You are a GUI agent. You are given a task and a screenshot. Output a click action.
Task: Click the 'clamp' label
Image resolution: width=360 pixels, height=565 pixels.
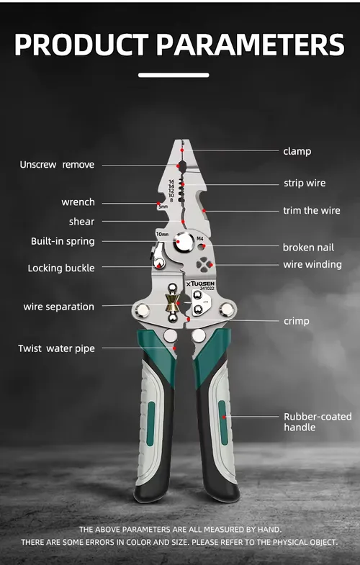click(297, 151)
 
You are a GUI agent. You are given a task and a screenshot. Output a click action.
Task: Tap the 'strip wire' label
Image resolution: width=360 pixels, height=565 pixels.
click(305, 183)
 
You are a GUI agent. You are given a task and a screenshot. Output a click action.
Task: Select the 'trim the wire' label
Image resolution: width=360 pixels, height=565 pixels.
click(312, 210)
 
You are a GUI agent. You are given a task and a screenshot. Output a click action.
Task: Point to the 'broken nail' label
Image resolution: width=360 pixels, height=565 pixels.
click(308, 248)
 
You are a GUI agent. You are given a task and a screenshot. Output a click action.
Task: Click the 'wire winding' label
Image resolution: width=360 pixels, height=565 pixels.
click(312, 264)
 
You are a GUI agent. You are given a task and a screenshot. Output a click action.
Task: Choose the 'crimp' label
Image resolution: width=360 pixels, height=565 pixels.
click(297, 321)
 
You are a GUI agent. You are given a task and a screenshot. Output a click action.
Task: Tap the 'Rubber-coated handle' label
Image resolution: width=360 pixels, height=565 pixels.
click(318, 422)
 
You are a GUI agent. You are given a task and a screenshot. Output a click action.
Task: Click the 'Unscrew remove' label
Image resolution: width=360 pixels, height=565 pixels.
click(57, 165)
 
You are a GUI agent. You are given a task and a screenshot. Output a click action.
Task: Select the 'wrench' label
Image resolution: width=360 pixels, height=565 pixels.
click(78, 202)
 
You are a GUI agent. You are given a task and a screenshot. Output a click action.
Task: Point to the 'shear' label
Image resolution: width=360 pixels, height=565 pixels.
click(82, 222)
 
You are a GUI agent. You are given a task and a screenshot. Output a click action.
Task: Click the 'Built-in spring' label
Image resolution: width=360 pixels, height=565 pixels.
click(63, 241)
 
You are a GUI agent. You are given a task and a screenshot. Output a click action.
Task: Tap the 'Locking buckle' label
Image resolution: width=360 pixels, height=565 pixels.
click(61, 268)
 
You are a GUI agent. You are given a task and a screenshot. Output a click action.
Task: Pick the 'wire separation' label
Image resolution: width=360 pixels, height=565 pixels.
click(59, 307)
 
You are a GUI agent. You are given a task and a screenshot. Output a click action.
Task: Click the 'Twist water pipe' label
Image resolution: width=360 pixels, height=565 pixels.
click(57, 349)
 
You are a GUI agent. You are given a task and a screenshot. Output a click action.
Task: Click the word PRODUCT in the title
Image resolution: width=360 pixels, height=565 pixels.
click(81, 45)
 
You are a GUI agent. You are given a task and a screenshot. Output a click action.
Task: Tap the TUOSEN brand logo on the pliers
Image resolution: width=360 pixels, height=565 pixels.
click(201, 284)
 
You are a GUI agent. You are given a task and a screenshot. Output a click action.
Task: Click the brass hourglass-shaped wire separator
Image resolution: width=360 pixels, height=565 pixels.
click(172, 303)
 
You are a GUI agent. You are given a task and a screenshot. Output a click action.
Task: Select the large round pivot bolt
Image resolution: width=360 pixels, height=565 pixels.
click(184, 241)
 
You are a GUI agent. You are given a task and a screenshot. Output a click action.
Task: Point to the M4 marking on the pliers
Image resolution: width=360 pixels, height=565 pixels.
click(200, 238)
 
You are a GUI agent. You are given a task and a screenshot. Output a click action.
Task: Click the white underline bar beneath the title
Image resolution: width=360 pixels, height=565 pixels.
click(174, 75)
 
